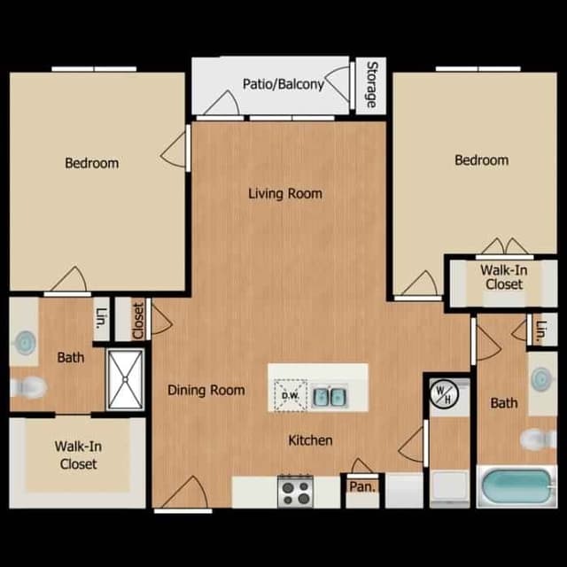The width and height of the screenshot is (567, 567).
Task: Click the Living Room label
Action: pyautogui.click(x=284, y=193)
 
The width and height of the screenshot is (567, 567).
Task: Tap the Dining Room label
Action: pyautogui.click(x=206, y=390)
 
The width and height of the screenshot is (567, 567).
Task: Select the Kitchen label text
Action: pyautogui.click(x=310, y=440)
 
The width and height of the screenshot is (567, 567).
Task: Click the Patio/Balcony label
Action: pyautogui.click(x=283, y=85)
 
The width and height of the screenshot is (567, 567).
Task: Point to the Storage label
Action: pyautogui.click(x=370, y=85)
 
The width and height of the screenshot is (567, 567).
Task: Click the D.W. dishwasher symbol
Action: pyautogui.click(x=289, y=394)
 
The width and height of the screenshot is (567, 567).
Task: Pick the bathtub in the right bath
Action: pyautogui.click(x=517, y=486)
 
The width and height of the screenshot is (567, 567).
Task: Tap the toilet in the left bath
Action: pyautogui.click(x=30, y=387)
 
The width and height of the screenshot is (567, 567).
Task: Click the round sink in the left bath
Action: pyautogui.click(x=26, y=341)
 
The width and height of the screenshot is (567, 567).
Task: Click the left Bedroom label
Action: pyautogui.click(x=91, y=163)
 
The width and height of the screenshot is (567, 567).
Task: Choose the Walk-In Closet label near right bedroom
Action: pyautogui.click(x=502, y=277)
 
